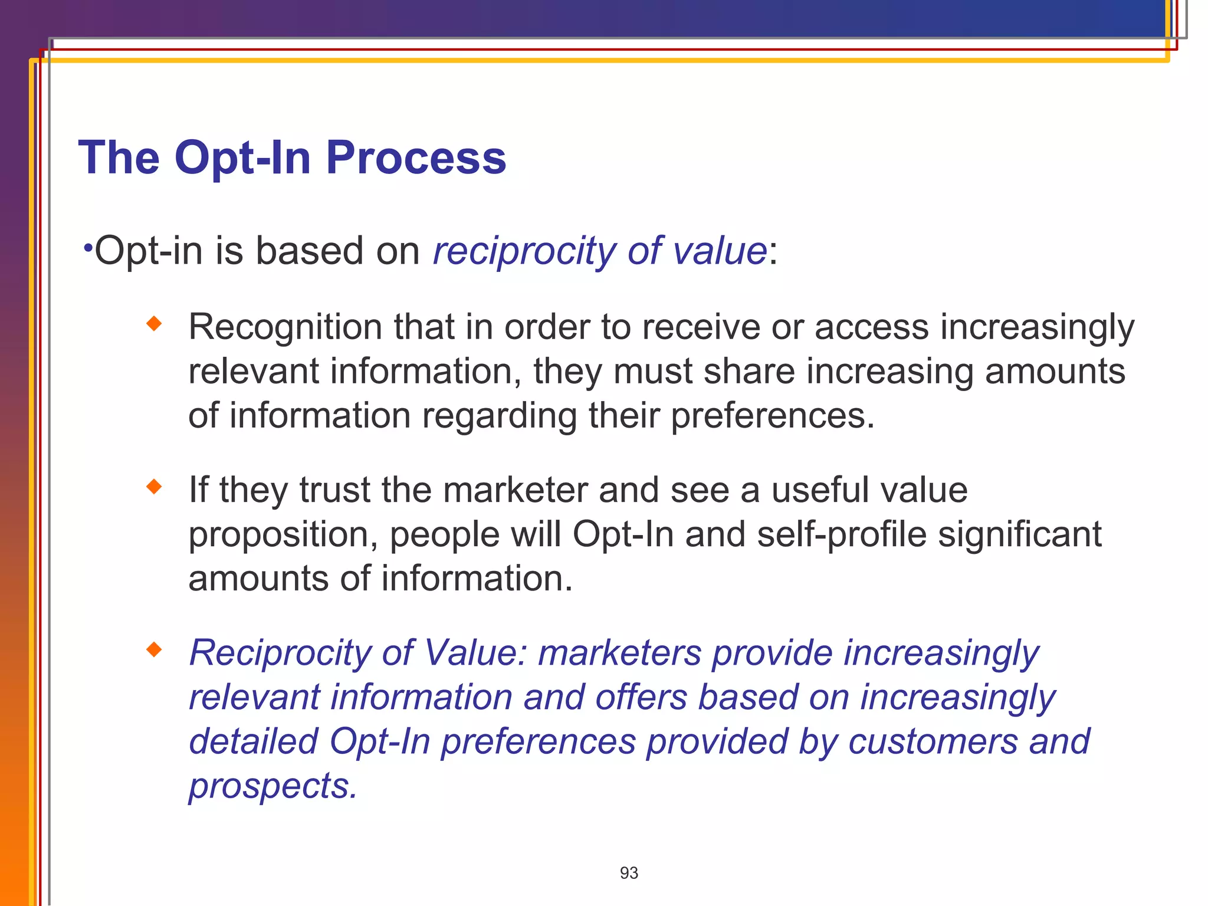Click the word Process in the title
coord(416,158)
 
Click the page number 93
coord(629,873)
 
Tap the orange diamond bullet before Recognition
coord(154,323)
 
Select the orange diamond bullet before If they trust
coord(154,487)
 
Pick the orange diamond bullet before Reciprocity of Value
coord(154,649)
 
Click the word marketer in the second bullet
coord(515,490)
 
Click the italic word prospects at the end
coord(273,787)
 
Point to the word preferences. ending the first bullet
coord(772,416)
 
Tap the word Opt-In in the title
coord(242,158)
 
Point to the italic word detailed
coord(253,741)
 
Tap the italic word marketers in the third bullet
coord(619,654)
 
